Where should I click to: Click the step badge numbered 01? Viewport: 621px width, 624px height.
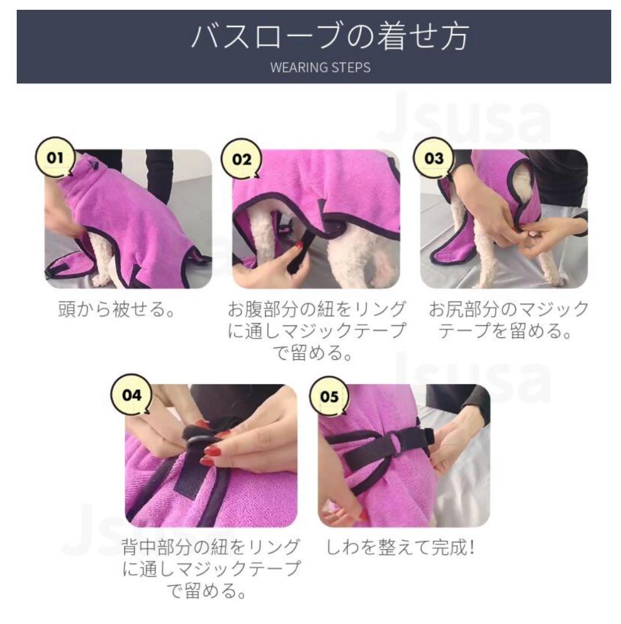click(x=55, y=158)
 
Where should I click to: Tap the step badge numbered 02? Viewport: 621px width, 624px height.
click(x=241, y=159)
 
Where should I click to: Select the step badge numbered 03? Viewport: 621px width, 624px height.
click(x=434, y=158)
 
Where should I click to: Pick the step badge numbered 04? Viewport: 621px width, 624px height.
click(x=132, y=395)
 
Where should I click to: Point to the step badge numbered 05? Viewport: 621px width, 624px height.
click(x=329, y=396)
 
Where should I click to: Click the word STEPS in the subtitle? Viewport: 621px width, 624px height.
click(x=351, y=67)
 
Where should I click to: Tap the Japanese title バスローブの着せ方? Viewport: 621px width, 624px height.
click(x=330, y=36)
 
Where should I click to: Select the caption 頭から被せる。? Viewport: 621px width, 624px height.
click(x=116, y=309)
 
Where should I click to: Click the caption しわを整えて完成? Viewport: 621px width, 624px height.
click(x=400, y=547)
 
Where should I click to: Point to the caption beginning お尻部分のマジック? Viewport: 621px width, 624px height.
click(x=508, y=320)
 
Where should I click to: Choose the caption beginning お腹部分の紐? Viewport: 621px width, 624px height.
click(x=317, y=330)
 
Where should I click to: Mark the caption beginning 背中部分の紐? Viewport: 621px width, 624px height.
click(x=211, y=569)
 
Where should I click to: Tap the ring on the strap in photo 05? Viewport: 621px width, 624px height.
click(x=396, y=440)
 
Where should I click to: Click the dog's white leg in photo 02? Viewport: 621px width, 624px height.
click(x=263, y=235)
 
